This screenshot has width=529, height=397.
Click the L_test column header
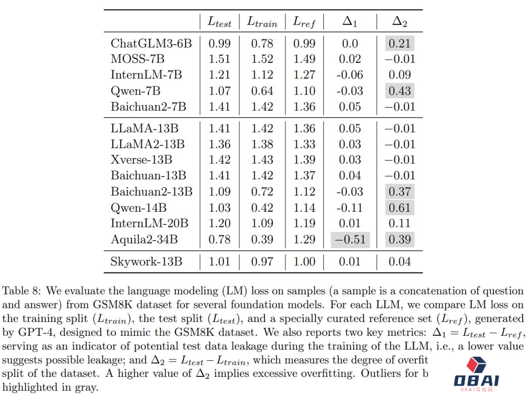point(219,22)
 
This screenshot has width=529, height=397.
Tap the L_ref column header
point(304,22)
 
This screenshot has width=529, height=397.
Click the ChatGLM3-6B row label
point(151,44)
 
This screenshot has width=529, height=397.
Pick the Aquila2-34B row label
point(144,240)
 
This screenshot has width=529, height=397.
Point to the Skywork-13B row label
point(146,262)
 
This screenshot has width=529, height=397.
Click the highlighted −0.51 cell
point(350,240)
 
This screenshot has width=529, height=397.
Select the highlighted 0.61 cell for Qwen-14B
point(400,207)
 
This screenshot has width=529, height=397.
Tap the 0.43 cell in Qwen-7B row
point(400,91)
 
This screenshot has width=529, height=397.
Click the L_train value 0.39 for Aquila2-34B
point(262,240)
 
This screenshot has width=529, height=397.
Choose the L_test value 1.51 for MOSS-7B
point(219,59)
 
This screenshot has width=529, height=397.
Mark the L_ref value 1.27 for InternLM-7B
point(304,75)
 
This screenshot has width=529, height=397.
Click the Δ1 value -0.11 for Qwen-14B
point(350,207)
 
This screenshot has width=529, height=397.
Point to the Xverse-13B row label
point(142,160)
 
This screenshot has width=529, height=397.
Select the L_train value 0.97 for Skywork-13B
point(262,262)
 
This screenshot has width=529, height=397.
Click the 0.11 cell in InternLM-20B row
point(400,223)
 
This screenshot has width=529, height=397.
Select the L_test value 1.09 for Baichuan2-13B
point(219,192)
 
